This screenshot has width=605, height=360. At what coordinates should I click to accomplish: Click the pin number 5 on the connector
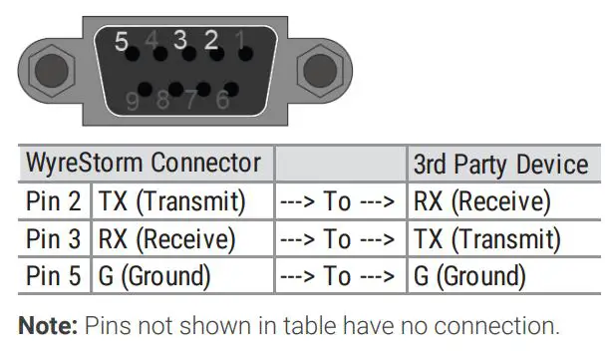point(123,43)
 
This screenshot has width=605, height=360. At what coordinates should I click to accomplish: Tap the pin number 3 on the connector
point(180,41)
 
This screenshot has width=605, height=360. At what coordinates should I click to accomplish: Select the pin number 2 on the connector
point(211,41)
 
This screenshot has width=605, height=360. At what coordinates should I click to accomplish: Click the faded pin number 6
point(222,100)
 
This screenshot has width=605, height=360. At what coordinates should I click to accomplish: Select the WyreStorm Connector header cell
point(144,164)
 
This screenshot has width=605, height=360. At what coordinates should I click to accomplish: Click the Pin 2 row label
point(55,202)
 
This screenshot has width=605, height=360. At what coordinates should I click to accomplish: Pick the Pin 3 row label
point(55,239)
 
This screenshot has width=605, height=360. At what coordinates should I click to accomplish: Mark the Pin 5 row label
point(55,275)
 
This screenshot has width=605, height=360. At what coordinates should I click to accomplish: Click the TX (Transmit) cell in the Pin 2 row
point(170,202)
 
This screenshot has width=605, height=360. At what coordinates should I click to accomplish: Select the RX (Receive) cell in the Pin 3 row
point(166,239)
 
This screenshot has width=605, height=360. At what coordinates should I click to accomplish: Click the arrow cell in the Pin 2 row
point(339,202)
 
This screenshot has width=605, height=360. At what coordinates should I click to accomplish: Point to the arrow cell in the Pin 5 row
point(339,275)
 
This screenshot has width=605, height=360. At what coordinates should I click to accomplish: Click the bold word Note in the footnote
point(47,325)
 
